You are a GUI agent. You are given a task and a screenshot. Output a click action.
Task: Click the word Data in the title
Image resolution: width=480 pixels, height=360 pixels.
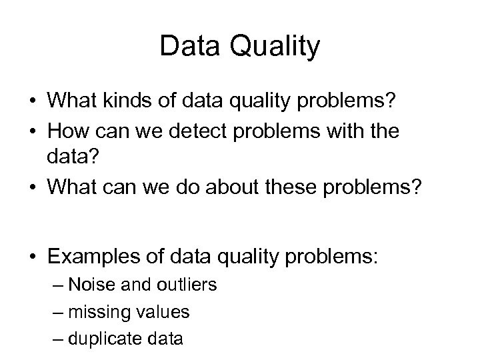point(190,47)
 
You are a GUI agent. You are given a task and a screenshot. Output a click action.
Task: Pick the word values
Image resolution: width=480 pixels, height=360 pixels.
point(165,312)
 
